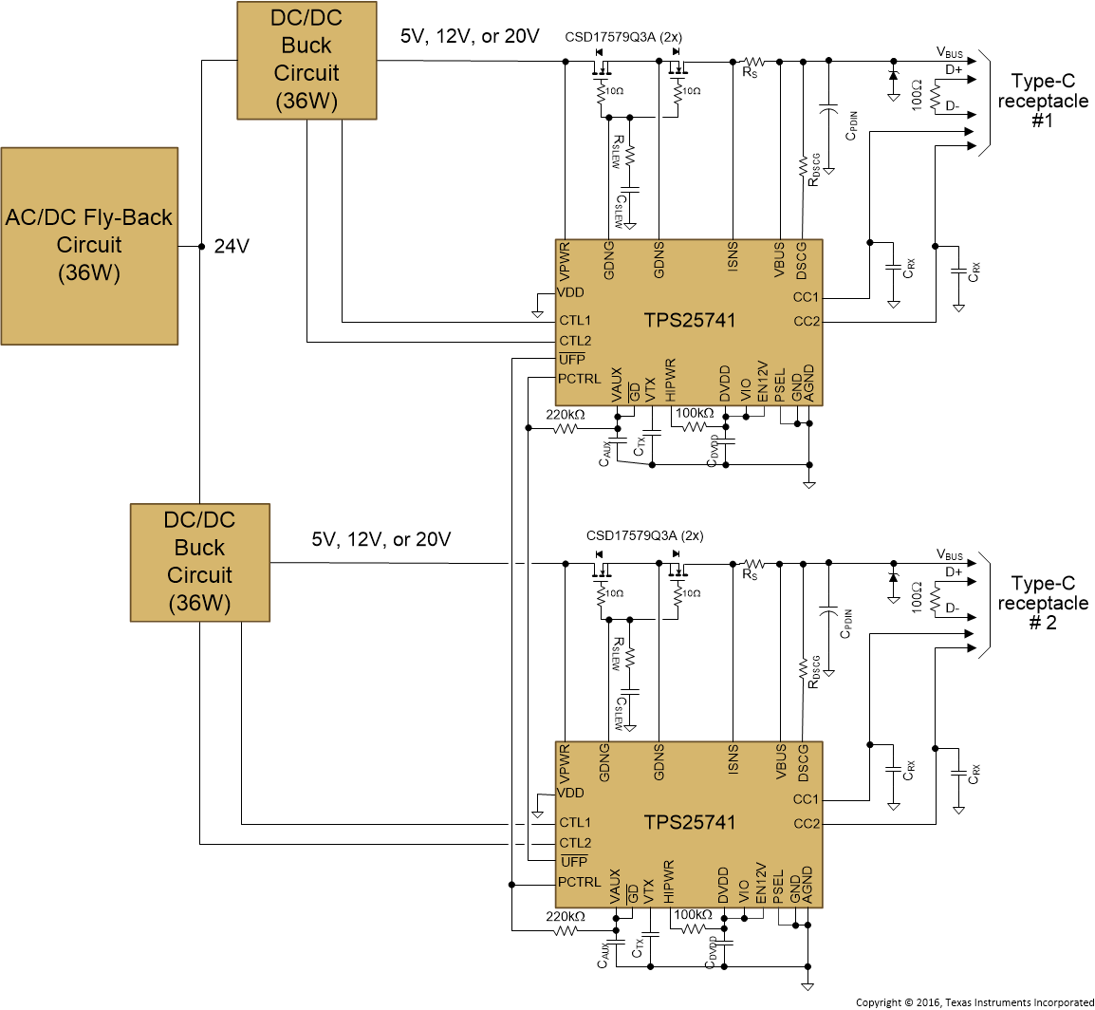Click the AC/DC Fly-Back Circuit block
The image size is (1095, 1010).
point(89,245)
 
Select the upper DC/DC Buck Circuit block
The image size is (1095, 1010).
point(306,60)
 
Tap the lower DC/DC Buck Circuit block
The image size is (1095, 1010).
point(199,562)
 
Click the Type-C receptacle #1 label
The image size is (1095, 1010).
point(1042,101)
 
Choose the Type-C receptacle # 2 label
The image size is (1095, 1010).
point(1042,603)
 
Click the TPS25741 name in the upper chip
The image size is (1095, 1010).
point(690,320)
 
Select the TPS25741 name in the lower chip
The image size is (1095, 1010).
point(690,822)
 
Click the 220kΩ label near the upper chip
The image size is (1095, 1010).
point(566,415)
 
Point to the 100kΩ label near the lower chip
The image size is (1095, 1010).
point(693,915)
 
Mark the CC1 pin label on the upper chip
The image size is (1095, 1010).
point(806,297)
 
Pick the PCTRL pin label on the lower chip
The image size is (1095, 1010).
point(580,882)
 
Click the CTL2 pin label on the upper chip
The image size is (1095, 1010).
point(575,341)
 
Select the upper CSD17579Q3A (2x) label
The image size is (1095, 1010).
point(623,37)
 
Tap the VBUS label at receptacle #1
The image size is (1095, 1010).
point(949,53)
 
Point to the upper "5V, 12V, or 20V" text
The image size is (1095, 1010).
point(470,37)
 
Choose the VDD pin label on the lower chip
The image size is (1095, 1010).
point(571,794)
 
